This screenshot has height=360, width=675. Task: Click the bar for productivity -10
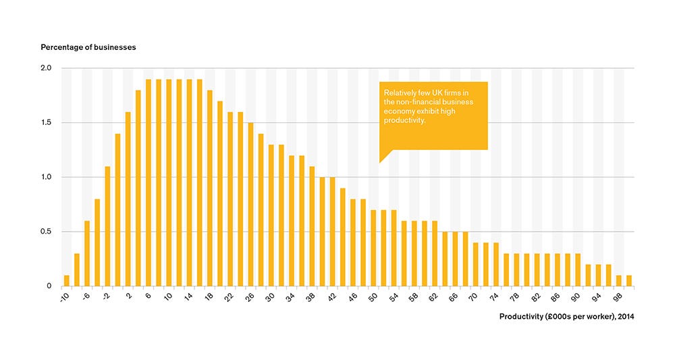click(66, 280)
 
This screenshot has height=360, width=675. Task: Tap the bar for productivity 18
click(210, 188)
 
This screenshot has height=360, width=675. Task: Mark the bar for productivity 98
click(619, 280)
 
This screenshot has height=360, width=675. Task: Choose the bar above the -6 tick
click(87, 253)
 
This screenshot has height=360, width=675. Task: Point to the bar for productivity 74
click(496, 264)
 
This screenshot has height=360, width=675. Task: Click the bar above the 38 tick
click(312, 226)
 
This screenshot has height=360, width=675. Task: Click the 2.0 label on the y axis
click(46, 68)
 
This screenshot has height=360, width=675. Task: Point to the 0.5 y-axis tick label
click(46, 232)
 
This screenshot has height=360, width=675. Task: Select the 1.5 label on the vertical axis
click(46, 123)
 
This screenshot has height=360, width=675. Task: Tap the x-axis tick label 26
click(250, 298)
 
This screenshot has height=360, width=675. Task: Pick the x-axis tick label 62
click(434, 298)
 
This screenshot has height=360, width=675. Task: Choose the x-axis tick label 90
click(577, 298)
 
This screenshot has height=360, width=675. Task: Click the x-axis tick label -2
click(107, 298)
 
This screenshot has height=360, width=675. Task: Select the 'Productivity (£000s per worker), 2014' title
click(566, 316)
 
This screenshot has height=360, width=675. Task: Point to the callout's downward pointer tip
click(380, 162)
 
